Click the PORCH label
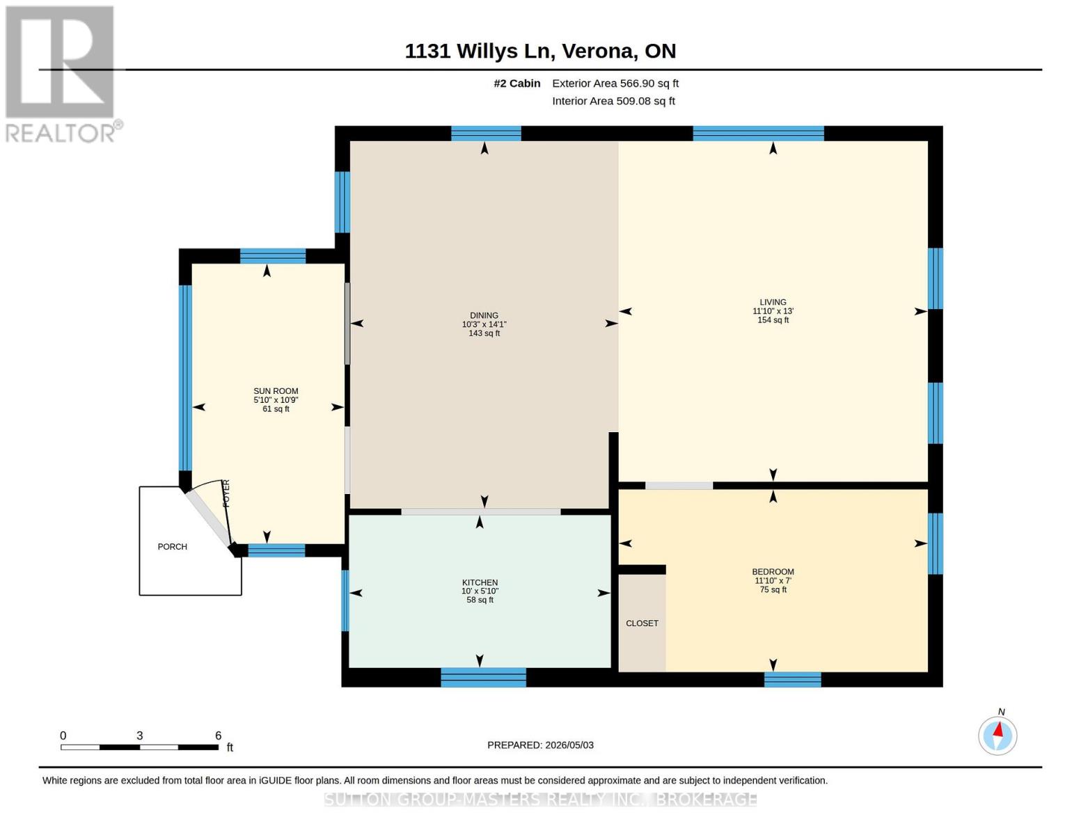172,546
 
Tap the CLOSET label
642,623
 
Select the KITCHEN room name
480,582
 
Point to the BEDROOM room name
773,572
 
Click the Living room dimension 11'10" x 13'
773,311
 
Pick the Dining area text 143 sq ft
484,333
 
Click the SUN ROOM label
276,391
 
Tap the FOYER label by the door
226,493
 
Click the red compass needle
998,730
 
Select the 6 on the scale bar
218,735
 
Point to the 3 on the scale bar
140,735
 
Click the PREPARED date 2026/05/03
569,745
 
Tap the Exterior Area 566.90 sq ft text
615,83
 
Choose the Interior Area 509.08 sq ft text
613,101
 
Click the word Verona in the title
599,51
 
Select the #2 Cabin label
517,83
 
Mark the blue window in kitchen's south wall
484,677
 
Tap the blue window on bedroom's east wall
936,543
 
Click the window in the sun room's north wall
273,255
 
